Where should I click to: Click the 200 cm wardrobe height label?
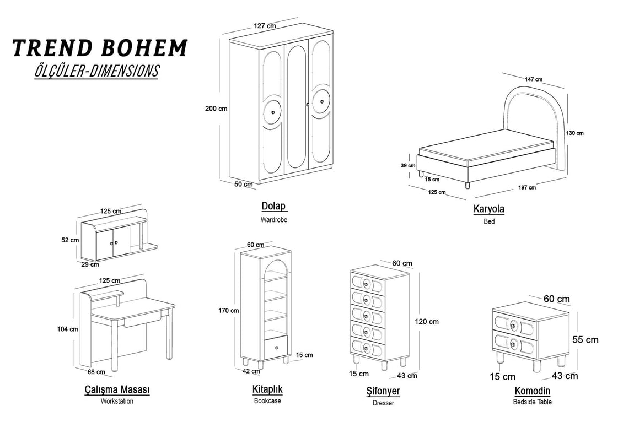[x=216, y=109]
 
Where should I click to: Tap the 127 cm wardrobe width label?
[x=265, y=26]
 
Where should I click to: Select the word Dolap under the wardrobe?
[x=273, y=207]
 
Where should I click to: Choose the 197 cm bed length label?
[x=527, y=187]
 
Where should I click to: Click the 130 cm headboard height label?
[x=574, y=133]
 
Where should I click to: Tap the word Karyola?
[x=488, y=209]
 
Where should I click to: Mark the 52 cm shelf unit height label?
[x=70, y=240]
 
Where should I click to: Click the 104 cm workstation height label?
[x=68, y=329]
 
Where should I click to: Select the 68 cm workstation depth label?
[x=96, y=372]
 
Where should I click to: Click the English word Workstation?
[x=117, y=401]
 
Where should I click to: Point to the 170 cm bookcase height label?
[x=229, y=311]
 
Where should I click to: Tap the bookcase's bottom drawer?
[x=275, y=347]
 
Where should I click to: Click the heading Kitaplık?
[x=267, y=389]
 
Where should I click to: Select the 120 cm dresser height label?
[x=428, y=321]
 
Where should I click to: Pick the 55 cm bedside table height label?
[x=585, y=340]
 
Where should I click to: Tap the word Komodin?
[x=532, y=391]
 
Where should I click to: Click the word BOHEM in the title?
[x=144, y=48]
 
